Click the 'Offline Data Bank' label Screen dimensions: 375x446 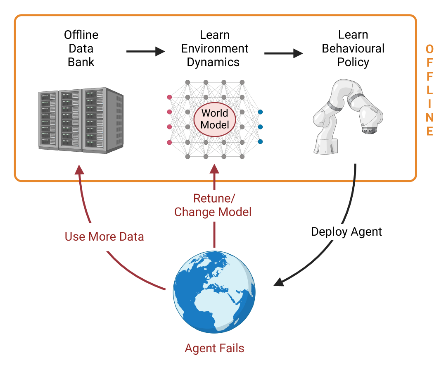click(x=81, y=48)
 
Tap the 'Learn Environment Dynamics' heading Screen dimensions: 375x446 click(x=214, y=48)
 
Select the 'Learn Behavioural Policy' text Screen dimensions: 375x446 click(x=353, y=48)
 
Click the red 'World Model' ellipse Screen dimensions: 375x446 click(x=215, y=119)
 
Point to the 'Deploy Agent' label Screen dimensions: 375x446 click(x=346, y=232)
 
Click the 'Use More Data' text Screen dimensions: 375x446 click(x=104, y=236)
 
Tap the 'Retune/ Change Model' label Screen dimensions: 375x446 click(x=213, y=205)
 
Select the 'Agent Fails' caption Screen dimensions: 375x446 click(x=214, y=348)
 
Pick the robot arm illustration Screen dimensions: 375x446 click(x=349, y=116)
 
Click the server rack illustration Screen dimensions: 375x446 click(x=81, y=119)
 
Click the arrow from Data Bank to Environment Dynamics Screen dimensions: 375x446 click(x=145, y=52)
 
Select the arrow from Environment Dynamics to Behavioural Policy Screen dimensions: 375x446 click(x=284, y=53)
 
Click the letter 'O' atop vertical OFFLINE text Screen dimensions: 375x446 click(x=429, y=50)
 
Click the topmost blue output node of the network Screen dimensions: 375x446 click(x=260, y=112)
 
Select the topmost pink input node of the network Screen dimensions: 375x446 click(x=169, y=97)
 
